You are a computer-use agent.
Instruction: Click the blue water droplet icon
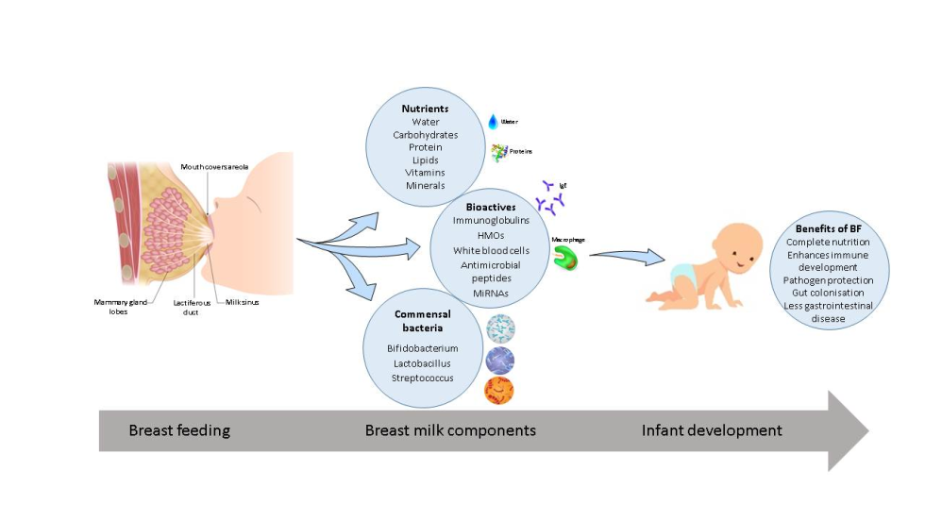(x=492, y=121)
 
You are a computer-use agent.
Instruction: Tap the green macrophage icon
(x=564, y=259)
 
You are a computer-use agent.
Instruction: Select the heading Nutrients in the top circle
(x=425, y=109)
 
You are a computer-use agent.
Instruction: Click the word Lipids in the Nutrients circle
(x=425, y=160)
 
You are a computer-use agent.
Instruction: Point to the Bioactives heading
(x=488, y=205)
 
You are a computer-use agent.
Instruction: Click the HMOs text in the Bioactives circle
(x=488, y=235)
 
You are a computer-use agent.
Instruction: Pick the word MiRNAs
(x=488, y=294)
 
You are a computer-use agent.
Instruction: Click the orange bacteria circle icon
(x=499, y=390)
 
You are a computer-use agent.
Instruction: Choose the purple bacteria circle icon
(x=499, y=360)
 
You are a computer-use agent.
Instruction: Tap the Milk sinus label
(x=242, y=302)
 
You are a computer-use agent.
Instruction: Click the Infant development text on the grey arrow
(x=712, y=430)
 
